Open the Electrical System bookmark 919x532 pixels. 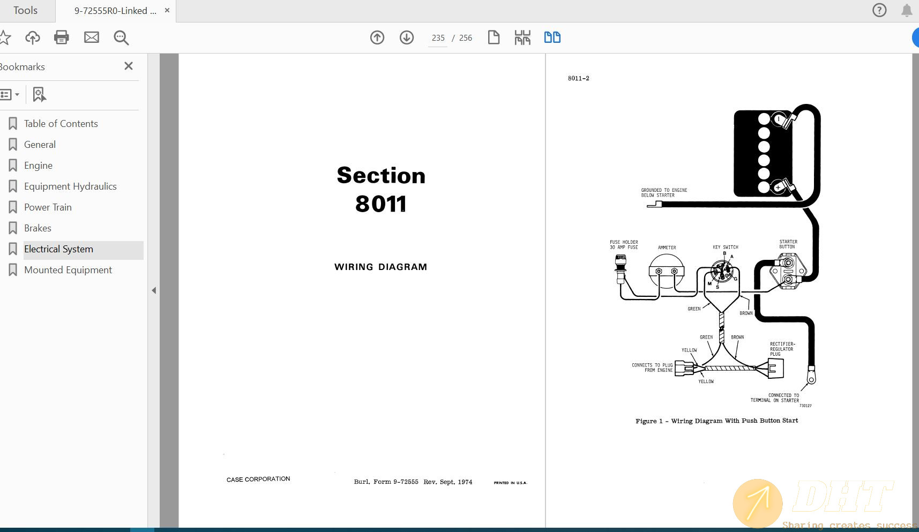(x=58, y=249)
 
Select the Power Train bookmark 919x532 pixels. (x=48, y=207)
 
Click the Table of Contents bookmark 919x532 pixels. (x=61, y=124)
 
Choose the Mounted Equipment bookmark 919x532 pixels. (x=68, y=270)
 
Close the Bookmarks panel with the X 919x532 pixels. (x=129, y=66)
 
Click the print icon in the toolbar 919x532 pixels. (x=62, y=38)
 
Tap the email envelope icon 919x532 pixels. (x=92, y=38)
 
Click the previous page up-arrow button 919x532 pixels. (x=377, y=38)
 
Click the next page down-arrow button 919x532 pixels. (x=407, y=38)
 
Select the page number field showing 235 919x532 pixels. (x=438, y=38)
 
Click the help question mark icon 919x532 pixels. (x=879, y=10)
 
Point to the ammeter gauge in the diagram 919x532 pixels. (x=666, y=270)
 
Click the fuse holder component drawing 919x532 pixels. (x=621, y=268)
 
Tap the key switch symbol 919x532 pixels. (x=722, y=273)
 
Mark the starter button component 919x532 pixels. (x=788, y=271)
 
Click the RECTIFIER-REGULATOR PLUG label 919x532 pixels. (x=782, y=349)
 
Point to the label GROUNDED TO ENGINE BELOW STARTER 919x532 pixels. (x=664, y=193)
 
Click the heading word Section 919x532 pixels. (x=381, y=175)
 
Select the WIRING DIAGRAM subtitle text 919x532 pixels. (x=380, y=267)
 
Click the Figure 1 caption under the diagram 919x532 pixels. (x=716, y=421)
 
